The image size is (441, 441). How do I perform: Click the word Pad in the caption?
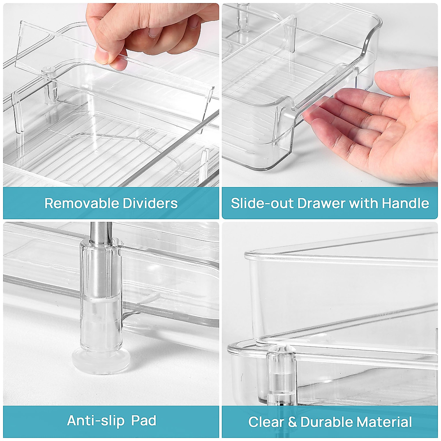(x=145, y=420)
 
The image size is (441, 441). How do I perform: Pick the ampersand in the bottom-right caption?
(x=292, y=422)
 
